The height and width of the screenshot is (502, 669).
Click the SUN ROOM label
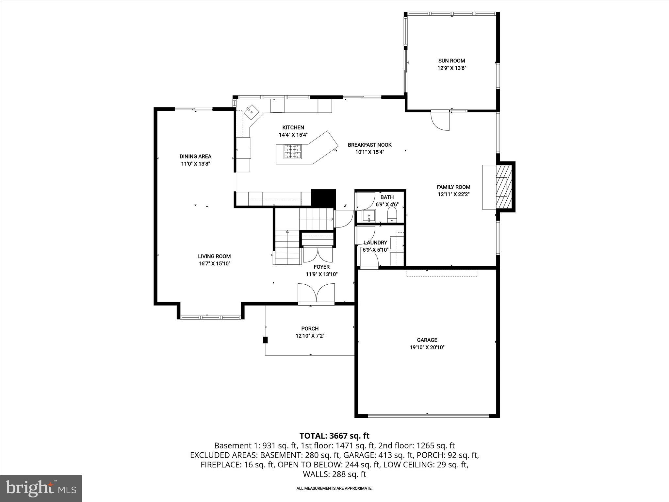pos(451,61)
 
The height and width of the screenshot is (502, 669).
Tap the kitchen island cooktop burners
pos(293,152)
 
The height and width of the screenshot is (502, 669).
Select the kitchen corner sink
pos(252,112)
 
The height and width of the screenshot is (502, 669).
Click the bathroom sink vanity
pos(369,216)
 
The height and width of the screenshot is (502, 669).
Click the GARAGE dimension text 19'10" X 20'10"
pos(427,347)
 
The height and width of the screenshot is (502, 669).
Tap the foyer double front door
pos(316,293)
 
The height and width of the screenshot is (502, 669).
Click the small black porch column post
pos(265,340)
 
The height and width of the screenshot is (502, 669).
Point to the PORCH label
pos(310,328)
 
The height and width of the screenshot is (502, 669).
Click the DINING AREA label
pos(195,157)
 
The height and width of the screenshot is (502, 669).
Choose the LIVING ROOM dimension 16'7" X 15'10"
pos(214,264)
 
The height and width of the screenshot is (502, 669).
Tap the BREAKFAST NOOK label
pos(369,145)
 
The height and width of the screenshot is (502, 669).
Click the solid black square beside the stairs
pos(323,197)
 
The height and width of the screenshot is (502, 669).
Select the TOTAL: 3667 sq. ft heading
pos(334,436)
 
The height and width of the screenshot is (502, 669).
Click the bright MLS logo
pos(41,489)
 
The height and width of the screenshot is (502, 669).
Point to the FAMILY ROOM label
pos(453,187)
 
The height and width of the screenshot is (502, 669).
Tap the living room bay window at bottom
pos(211,317)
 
